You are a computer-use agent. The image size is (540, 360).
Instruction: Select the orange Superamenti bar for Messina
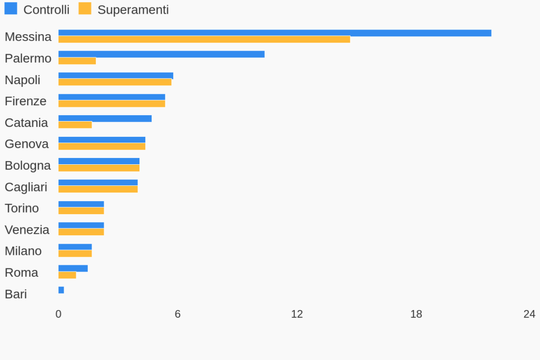pyautogui.click(x=204, y=39)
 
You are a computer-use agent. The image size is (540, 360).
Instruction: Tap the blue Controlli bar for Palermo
pyautogui.click(x=161, y=54)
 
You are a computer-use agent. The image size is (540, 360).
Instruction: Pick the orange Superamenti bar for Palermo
pyautogui.click(x=77, y=61)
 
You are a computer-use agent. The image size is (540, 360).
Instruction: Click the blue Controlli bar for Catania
pyautogui.click(x=105, y=118)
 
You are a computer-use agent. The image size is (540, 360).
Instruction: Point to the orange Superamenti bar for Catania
pyautogui.click(x=75, y=125)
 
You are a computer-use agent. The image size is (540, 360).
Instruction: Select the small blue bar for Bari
pyautogui.click(x=61, y=290)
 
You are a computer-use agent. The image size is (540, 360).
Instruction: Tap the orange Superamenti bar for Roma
pyautogui.click(x=67, y=275)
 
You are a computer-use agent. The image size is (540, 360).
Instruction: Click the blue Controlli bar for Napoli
pyautogui.click(x=116, y=76)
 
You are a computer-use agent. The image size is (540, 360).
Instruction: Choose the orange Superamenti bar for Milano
pyautogui.click(x=75, y=254)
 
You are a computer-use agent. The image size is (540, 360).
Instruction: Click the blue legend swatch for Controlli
pyautogui.click(x=11, y=9)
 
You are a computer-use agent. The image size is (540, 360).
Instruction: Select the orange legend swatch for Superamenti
pyautogui.click(x=85, y=9)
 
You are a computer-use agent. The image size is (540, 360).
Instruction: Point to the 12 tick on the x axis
pyautogui.click(x=297, y=314)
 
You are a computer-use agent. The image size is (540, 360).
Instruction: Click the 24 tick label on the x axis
pyautogui.click(x=529, y=314)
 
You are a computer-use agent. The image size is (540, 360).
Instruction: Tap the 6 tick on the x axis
pyautogui.click(x=178, y=314)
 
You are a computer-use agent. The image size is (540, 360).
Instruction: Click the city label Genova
pyautogui.click(x=26, y=144)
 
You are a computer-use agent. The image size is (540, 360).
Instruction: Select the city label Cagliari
pyautogui.click(x=26, y=187)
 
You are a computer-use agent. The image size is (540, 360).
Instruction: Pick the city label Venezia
pyautogui.click(x=27, y=230)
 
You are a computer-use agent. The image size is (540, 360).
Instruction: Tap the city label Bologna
pyautogui.click(x=28, y=166)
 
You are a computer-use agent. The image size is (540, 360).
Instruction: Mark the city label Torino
pyautogui.click(x=22, y=208)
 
